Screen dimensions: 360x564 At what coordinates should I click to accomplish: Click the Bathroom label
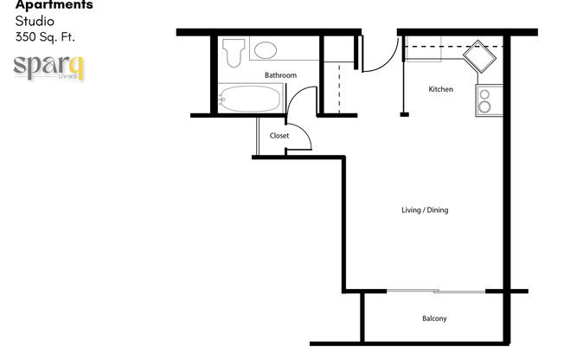[x=280, y=75]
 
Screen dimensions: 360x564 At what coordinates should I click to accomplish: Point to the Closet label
[x=279, y=136]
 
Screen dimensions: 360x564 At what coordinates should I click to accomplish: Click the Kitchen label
[x=441, y=89]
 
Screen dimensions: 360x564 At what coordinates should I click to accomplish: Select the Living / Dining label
[x=425, y=210]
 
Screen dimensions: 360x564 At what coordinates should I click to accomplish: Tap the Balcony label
[x=434, y=319]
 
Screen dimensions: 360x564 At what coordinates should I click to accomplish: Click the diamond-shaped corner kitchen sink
[x=477, y=59]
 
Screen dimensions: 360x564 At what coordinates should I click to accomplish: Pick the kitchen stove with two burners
[x=486, y=100]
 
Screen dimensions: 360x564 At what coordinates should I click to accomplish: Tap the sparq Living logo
[x=48, y=67]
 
